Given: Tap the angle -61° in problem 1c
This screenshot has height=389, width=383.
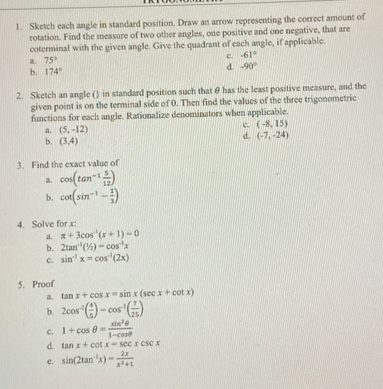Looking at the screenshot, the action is click(247, 57).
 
